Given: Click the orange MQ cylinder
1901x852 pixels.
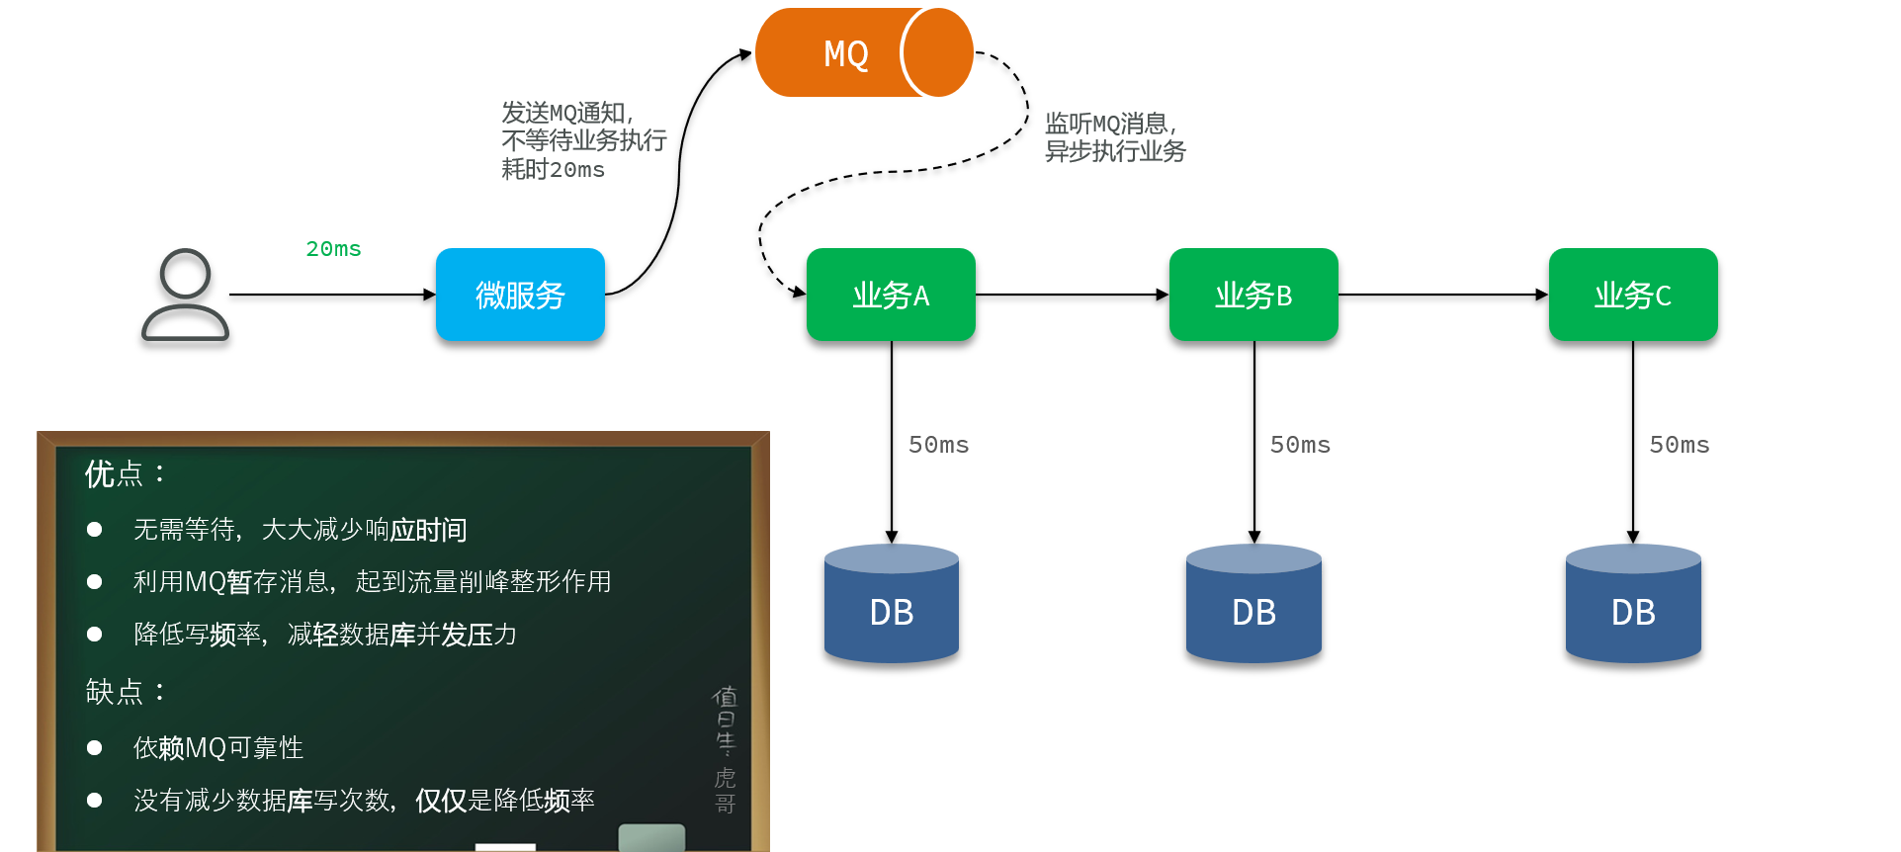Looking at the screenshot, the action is tap(862, 52).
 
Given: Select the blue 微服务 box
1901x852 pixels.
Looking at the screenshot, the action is tap(520, 295).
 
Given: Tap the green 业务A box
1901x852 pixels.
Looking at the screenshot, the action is tap(891, 295).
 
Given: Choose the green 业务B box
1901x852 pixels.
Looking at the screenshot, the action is tap(1253, 295).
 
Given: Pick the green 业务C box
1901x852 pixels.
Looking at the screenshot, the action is tap(1633, 295).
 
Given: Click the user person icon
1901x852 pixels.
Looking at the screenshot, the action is tap(185, 295).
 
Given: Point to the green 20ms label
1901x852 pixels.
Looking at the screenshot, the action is tap(333, 249).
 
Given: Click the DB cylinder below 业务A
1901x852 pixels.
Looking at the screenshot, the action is tap(892, 603).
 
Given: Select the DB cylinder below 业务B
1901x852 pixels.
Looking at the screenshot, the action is tap(1253, 603).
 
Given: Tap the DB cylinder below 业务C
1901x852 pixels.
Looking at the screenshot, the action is tap(1633, 603).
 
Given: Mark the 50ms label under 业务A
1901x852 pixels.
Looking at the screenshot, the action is tap(938, 445).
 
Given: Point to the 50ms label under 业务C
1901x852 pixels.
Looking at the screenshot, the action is tap(1679, 445).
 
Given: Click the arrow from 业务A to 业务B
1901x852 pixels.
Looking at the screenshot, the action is tap(1072, 295).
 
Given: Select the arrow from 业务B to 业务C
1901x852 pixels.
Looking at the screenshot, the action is tap(1443, 295).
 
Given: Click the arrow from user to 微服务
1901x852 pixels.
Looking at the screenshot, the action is tap(332, 295).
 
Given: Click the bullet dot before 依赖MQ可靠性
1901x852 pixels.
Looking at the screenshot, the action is tap(95, 747).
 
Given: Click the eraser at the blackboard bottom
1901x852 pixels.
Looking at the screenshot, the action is tap(651, 837).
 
